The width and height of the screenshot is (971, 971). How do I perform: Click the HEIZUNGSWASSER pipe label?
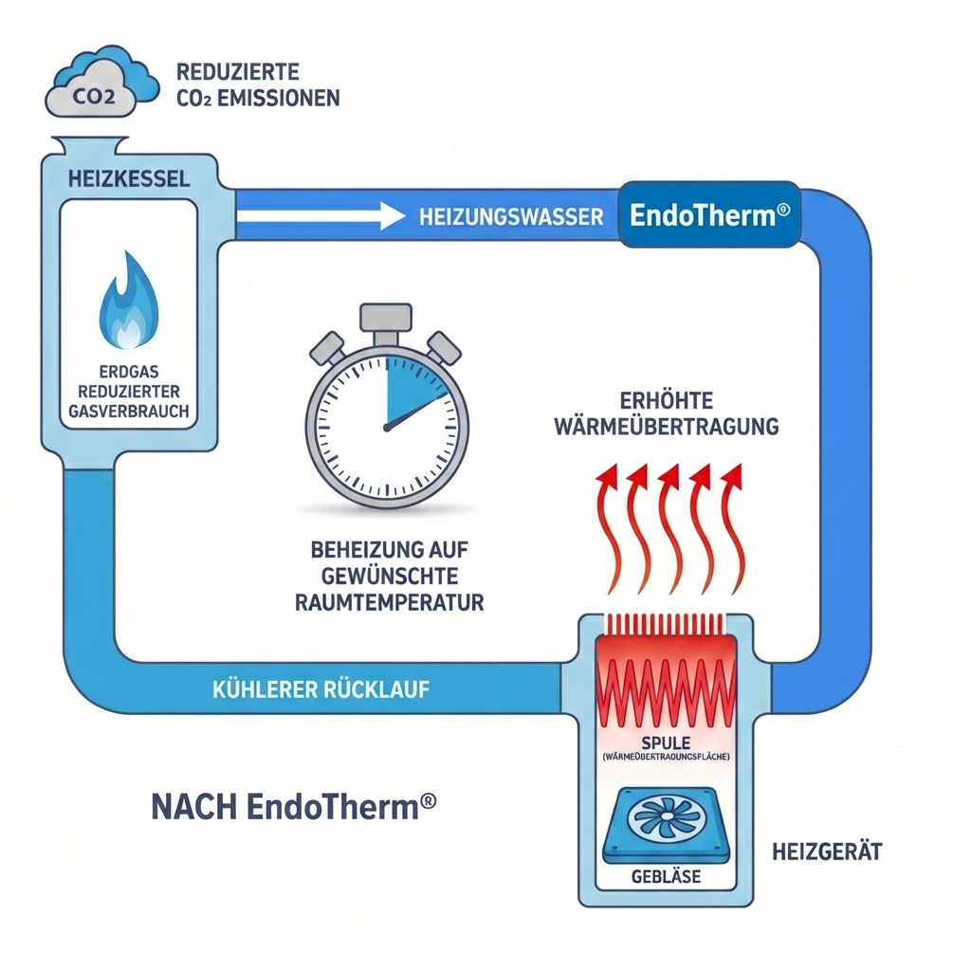click(510, 217)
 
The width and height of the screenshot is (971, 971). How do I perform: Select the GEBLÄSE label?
click(666, 877)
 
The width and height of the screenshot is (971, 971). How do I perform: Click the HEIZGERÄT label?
click(828, 852)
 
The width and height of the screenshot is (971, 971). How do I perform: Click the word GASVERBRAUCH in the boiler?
click(129, 412)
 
